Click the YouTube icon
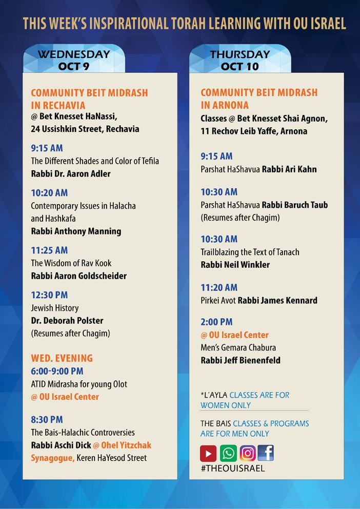[x=209, y=454]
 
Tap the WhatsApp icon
[x=228, y=454]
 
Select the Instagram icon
[x=248, y=454]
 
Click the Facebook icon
[x=266, y=453]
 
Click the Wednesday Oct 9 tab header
[x=74, y=60]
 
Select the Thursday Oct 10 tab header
[x=240, y=60]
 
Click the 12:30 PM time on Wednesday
[x=49, y=295]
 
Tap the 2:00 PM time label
[x=216, y=322]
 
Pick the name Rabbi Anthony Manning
[x=76, y=231]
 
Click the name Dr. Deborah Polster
[x=67, y=321]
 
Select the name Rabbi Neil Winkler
[x=235, y=265]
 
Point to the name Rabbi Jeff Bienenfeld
[x=241, y=360]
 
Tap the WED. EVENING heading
[x=62, y=358]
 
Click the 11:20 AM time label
[x=219, y=288]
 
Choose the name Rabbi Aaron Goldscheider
[x=78, y=276]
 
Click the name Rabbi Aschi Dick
[x=61, y=445]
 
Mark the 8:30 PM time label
[x=47, y=420]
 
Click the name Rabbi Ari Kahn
[x=289, y=169]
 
